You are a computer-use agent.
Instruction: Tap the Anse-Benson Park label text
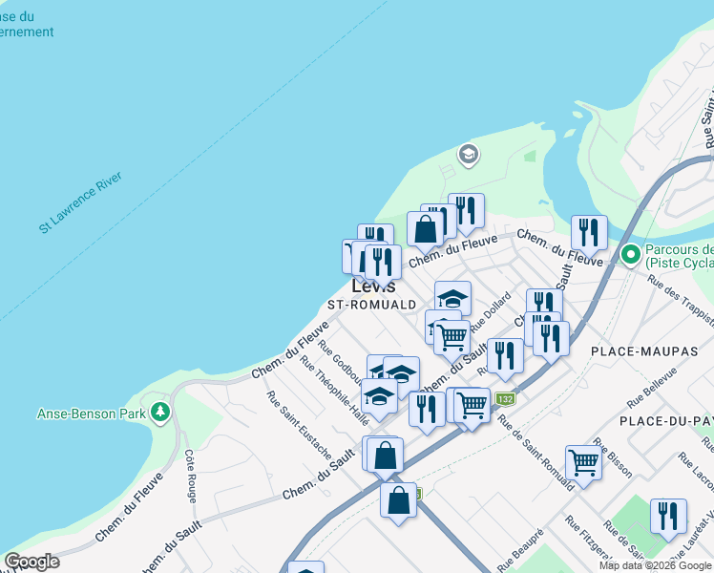pos(91,414)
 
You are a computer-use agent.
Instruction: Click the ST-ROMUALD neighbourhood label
pos(372,305)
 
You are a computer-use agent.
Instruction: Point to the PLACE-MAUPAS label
pos(644,351)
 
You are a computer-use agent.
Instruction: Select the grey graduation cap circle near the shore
pos(468,154)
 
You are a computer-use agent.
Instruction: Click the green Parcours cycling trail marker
pos(630,255)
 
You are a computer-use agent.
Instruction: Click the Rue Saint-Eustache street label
pos(299,426)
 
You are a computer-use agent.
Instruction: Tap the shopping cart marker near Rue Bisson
pos(583,462)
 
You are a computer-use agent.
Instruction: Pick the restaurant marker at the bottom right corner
pos(668,516)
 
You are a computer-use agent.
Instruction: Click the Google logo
pos(31,562)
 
